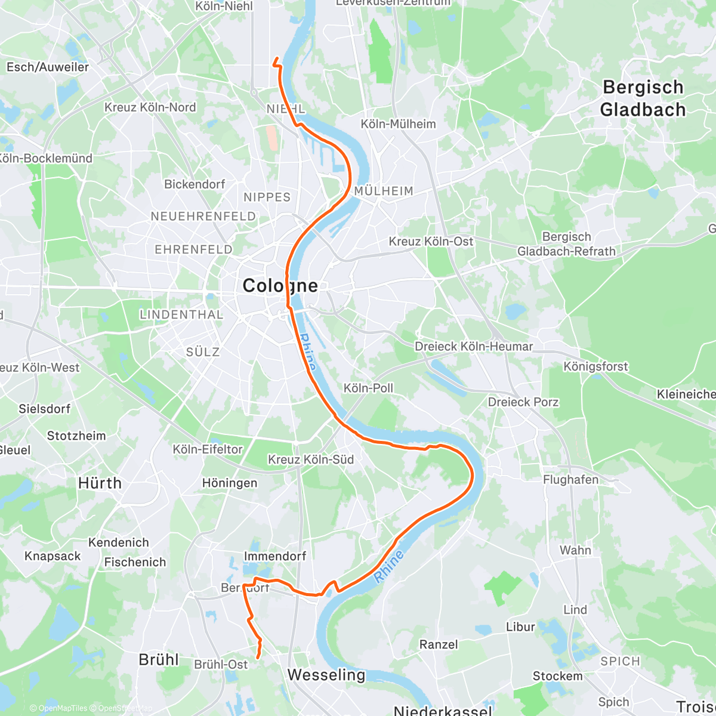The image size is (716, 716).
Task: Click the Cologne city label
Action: click(280, 286)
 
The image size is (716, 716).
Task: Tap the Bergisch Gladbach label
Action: click(643, 98)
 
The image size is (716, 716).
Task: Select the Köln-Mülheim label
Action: click(398, 124)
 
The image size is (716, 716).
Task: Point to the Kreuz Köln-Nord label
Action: click(150, 107)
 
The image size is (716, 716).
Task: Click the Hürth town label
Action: click(100, 483)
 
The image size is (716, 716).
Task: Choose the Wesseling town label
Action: click(326, 675)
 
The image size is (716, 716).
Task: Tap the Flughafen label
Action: click(570, 480)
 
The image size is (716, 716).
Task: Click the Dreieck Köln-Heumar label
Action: click(473, 347)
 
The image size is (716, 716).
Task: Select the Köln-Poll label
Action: click(368, 388)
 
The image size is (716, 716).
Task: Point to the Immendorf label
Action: click(274, 556)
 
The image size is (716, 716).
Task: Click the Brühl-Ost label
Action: click(221, 665)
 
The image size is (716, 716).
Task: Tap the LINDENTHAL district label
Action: click(181, 314)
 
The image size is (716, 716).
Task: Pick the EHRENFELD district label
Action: click(193, 249)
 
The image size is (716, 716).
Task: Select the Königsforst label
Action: click(595, 366)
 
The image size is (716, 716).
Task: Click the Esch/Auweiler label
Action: click(47, 67)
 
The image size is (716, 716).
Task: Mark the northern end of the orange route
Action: click(277, 58)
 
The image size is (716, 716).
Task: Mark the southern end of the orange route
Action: click(257, 658)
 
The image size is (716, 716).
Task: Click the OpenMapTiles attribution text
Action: click(58, 708)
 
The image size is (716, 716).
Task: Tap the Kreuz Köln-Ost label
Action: click(431, 242)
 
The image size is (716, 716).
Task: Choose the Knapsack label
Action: click(53, 556)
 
